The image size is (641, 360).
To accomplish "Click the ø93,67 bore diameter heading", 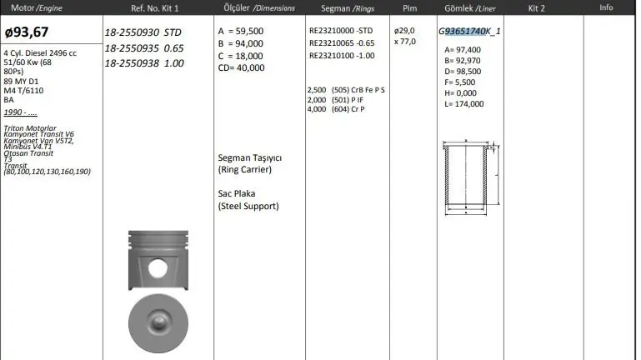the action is coord(27,32).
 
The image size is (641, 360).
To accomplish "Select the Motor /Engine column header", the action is coord(37,7).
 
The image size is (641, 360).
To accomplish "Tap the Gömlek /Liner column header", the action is coord(470,8).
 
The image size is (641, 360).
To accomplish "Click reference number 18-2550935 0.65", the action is coord(144,48).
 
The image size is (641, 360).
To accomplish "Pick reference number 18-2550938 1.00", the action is coord(144,63).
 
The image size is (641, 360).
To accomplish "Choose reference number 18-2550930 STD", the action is coord(143,32).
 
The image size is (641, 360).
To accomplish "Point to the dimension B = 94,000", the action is coord(240,43).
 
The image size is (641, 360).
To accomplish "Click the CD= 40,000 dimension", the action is coord(241,67).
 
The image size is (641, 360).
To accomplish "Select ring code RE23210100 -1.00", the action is coord(342,56).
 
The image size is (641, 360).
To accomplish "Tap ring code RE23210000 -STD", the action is coord(341,31).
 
